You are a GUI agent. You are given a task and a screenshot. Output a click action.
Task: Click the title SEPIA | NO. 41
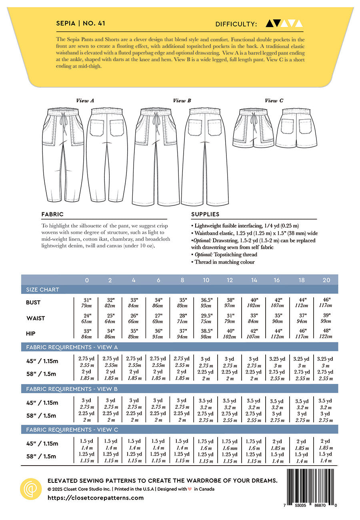click(x=81, y=24)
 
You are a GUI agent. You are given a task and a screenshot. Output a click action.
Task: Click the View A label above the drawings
click(x=85, y=101)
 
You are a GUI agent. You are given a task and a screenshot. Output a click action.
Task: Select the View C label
click(x=274, y=101)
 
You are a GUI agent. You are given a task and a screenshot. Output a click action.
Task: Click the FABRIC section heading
click(x=52, y=214)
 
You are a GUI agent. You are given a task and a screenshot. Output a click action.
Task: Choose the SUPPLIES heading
click(x=205, y=214)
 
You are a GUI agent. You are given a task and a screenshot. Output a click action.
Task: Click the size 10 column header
click(x=206, y=280)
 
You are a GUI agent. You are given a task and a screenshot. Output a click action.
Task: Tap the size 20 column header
click(x=326, y=280)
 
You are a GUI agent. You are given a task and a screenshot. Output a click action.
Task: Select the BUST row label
click(x=33, y=303)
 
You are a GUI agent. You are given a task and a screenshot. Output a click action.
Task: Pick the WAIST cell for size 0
click(x=87, y=318)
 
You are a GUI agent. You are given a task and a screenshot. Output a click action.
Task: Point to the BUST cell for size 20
click(x=326, y=303)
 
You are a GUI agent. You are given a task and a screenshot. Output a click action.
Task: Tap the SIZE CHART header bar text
click(x=42, y=290)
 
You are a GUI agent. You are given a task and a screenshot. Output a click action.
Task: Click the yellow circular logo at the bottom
click(x=31, y=489)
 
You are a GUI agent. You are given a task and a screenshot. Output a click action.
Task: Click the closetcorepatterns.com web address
click(x=96, y=498)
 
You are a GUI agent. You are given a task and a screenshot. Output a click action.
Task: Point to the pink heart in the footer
click(x=190, y=489)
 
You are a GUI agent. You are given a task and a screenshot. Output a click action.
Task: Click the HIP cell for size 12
click(x=230, y=334)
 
